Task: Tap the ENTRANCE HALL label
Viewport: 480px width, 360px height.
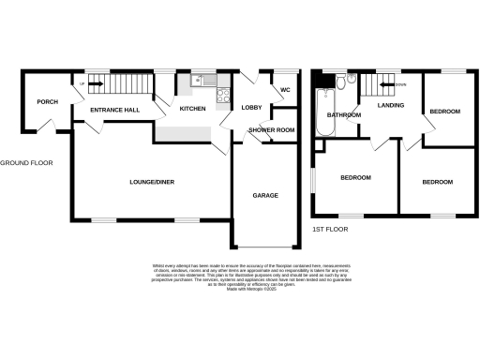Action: (114, 111)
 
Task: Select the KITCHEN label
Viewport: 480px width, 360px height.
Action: (192, 110)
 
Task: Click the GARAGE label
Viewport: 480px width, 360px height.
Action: (265, 196)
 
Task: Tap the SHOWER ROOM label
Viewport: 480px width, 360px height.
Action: (271, 130)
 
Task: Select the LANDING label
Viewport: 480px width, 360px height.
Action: (390, 106)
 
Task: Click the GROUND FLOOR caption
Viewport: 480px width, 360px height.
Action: (26, 162)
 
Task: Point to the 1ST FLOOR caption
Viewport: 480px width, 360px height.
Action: (329, 229)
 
